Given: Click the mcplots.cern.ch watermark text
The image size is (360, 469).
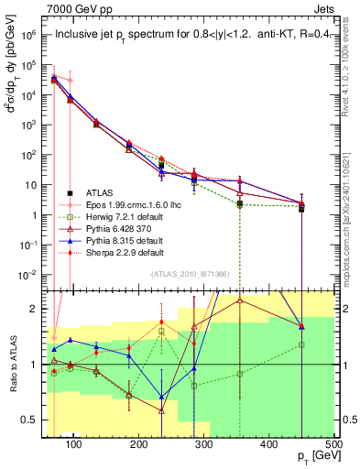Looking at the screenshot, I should coord(352,211).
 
